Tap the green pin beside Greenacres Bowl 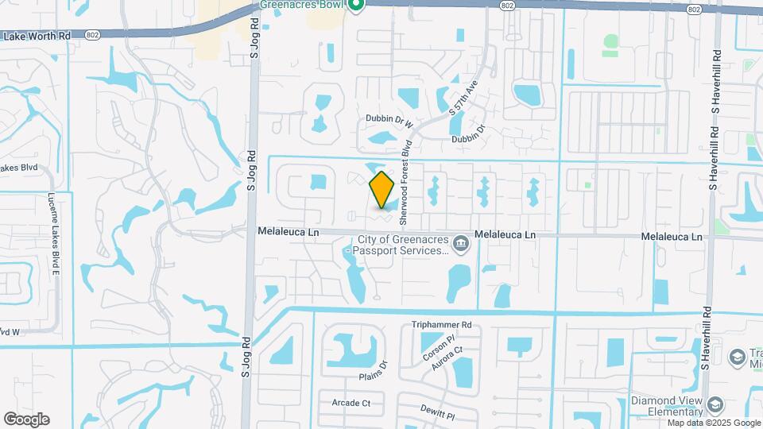(x=357, y=6)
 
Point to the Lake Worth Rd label (x=37, y=36)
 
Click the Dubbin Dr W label (x=390, y=120)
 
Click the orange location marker (x=382, y=189)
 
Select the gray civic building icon (x=460, y=242)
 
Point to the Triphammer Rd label (x=442, y=325)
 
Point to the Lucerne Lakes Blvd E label (x=54, y=232)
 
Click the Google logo (x=26, y=419)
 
